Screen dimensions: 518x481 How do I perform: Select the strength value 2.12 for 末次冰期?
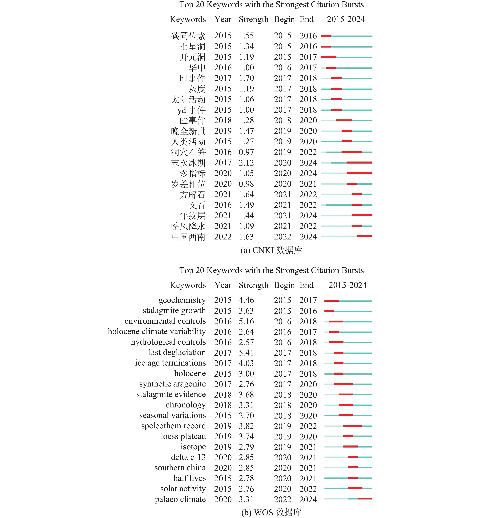pos(246,163)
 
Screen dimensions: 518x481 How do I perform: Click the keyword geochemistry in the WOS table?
pos(182,300)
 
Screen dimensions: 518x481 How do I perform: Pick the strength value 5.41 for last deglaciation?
pos(246,353)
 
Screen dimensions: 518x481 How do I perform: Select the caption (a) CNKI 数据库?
pos(271,250)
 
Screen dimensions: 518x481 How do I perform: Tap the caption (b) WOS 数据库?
pos(271,512)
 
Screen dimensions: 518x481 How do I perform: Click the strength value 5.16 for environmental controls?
pos(246,321)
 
